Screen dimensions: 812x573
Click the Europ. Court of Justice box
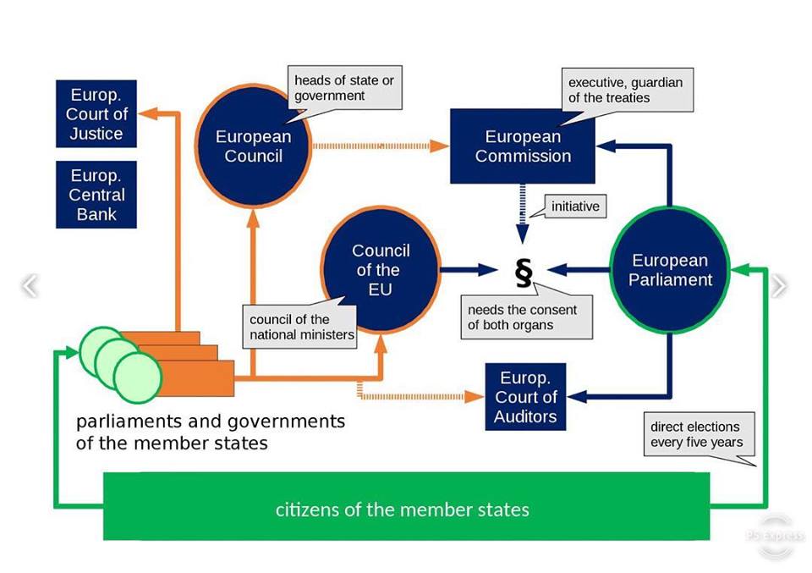[96, 113]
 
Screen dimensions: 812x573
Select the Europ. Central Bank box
[96, 195]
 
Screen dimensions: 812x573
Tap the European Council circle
[253, 146]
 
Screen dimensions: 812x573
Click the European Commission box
[523, 146]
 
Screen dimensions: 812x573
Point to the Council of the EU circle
[381, 270]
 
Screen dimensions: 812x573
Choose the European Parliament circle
[670, 270]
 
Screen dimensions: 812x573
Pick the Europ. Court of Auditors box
[525, 397]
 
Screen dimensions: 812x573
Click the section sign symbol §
[524, 273]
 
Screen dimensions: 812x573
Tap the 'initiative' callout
[575, 207]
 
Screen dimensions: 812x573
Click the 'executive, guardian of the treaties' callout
[627, 91]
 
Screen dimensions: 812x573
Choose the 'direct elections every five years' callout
[699, 434]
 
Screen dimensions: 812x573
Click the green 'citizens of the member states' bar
[407, 506]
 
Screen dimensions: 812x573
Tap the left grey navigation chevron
[30, 285]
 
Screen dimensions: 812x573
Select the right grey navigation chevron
[779, 285]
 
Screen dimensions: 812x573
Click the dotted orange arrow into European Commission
[381, 146]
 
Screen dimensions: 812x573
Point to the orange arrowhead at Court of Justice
[148, 113]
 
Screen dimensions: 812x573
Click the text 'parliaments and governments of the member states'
[211, 433]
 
